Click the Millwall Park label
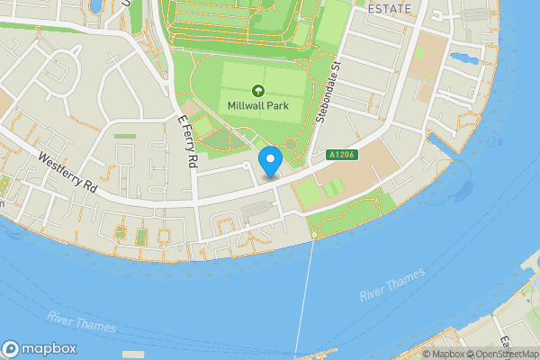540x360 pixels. pyautogui.click(x=257, y=105)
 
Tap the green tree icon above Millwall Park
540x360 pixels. pyautogui.click(x=257, y=90)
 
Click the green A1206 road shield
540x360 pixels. pyautogui.click(x=341, y=156)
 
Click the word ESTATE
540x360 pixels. pyautogui.click(x=390, y=9)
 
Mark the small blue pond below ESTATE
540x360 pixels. pyautogui.click(x=464, y=59)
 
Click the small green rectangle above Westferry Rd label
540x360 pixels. pyautogui.click(x=125, y=136)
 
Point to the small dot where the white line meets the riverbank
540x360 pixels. pyautogui.click(x=313, y=235)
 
